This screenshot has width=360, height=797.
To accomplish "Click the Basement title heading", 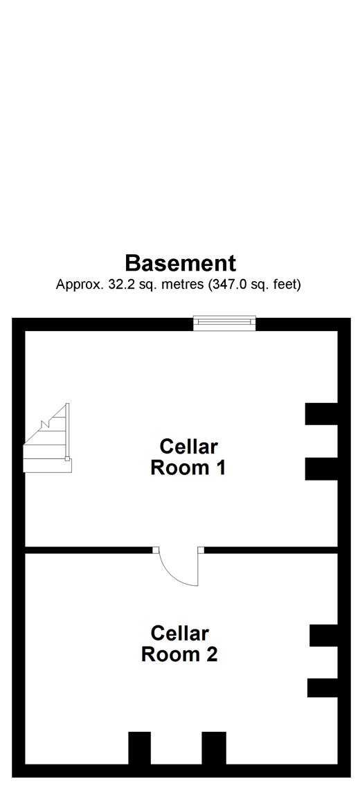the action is (180, 263).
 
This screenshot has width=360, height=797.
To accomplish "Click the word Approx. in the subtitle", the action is (80, 285).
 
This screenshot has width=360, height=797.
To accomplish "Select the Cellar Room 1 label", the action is (188, 457).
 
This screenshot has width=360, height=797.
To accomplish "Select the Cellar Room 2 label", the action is (179, 643).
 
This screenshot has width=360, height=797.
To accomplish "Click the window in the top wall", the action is (225, 323).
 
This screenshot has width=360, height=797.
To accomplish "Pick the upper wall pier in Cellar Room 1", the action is (321, 414).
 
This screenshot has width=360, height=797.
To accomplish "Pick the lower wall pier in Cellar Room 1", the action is (321, 469).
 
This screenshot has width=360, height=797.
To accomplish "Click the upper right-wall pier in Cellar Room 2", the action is (324, 636).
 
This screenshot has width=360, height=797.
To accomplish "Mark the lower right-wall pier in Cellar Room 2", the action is (323, 688).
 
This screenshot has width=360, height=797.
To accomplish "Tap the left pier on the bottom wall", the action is (139, 748).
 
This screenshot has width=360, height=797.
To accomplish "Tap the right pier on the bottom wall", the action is (214, 748).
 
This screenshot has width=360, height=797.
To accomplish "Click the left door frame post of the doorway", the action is (156, 550).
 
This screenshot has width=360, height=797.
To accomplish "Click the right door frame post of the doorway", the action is (201, 550).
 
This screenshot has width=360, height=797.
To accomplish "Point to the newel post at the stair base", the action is (67, 458).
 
